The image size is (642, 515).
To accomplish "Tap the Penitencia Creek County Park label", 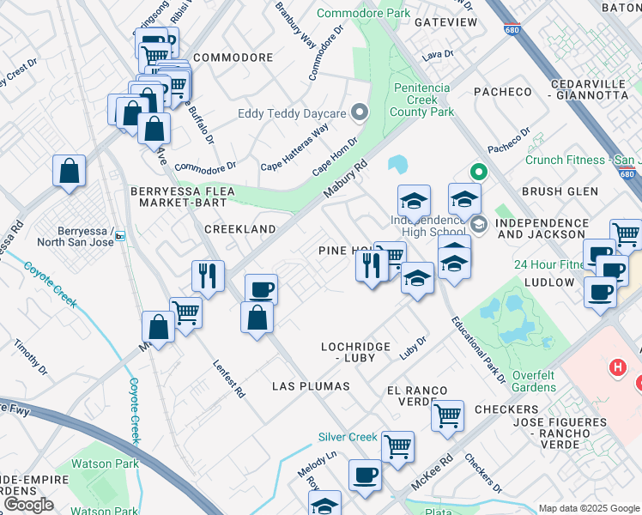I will coord(422,100).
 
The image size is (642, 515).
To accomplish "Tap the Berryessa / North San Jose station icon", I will coord(119,235).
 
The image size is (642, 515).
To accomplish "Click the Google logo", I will coord(27,504).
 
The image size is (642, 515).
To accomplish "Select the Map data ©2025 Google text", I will coord(588,508).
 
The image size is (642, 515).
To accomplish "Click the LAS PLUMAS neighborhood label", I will coord(311,386).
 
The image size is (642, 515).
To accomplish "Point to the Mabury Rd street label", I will coord(346,178).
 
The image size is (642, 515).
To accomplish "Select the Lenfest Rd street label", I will coord(229,379).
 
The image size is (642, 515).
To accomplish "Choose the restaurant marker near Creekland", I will coord(208,276).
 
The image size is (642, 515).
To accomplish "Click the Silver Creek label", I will coord(348,437).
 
